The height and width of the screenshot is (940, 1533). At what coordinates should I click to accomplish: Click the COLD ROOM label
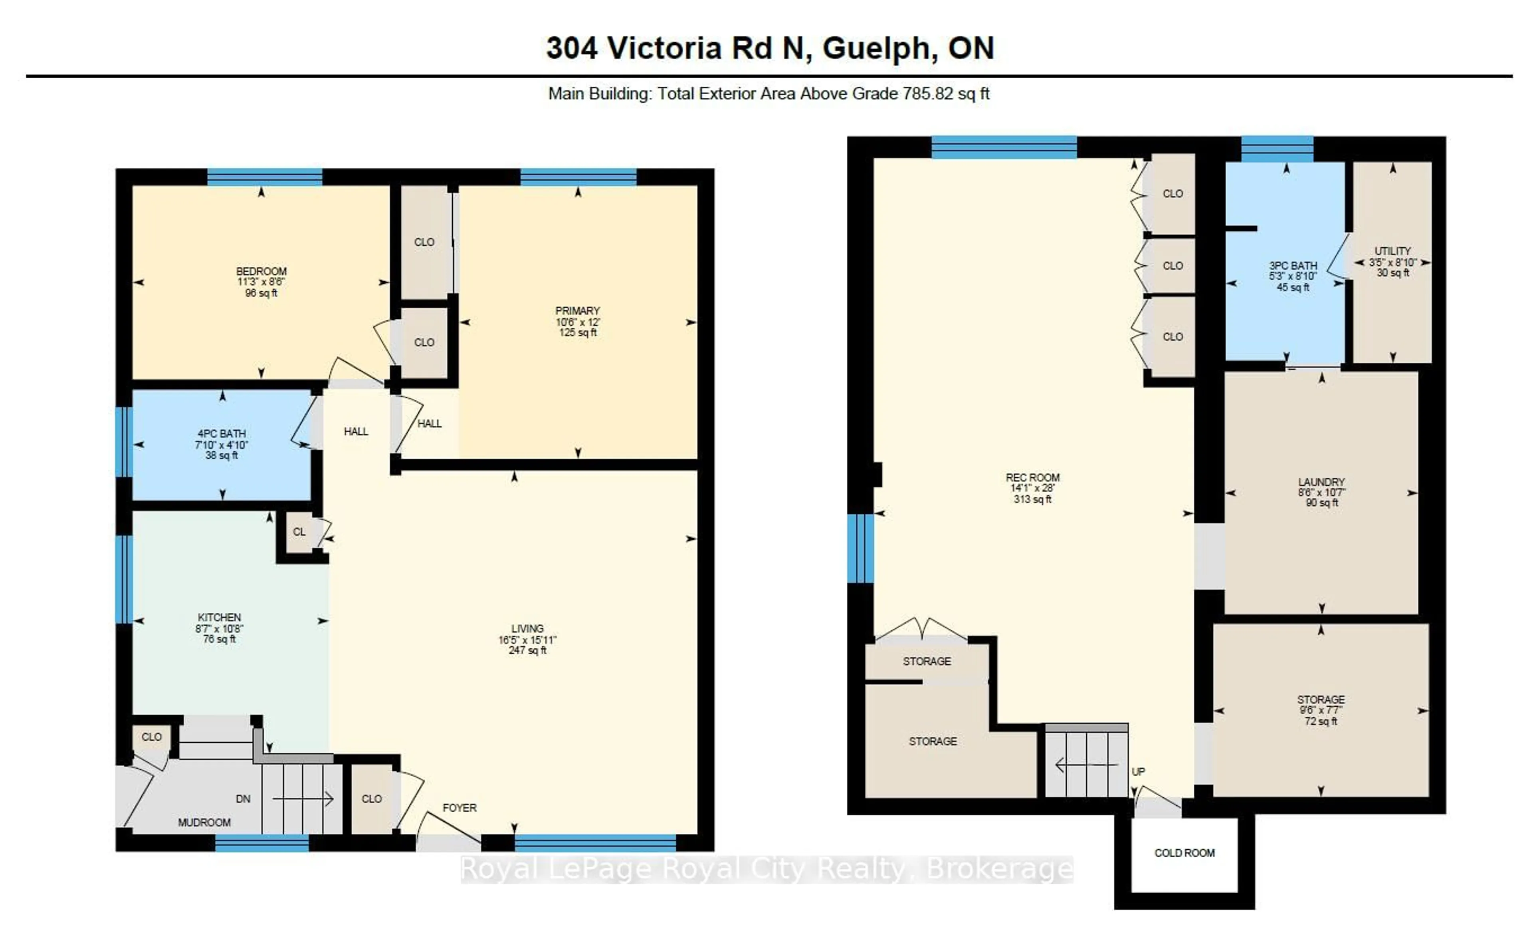pos(1184,853)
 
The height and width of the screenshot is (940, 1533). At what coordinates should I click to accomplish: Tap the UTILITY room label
pos(1392,251)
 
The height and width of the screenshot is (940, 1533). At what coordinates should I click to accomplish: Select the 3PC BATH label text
pos(1293,265)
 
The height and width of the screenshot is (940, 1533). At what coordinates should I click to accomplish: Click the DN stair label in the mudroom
pos(243,799)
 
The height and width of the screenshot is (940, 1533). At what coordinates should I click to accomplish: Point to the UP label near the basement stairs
pos(1138,772)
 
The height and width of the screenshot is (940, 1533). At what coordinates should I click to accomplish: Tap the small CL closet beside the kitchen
pos(299,532)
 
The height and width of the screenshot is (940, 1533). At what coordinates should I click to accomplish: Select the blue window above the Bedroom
pos(264,177)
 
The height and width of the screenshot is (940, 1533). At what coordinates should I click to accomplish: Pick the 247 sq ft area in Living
pos(528,650)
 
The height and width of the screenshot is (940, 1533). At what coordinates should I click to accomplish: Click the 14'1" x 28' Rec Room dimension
pos(1032,488)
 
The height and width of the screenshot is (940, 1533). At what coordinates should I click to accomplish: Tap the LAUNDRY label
pos(1321,482)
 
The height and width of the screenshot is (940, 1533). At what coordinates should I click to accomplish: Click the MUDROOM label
pos(204,822)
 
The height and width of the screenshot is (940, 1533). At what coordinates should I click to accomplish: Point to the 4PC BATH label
pos(222,433)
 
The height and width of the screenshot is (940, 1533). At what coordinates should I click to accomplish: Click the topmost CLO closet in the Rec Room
pos(1172,194)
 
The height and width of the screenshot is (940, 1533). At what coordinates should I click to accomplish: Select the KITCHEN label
pos(219,617)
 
